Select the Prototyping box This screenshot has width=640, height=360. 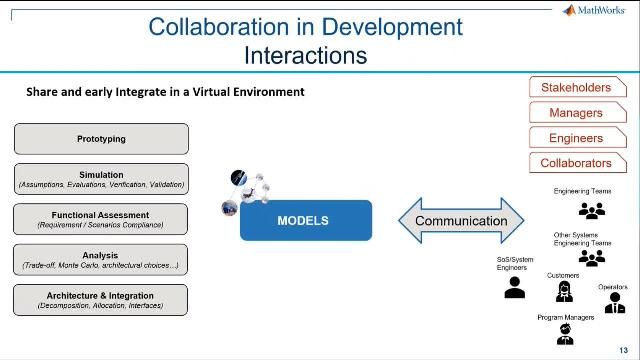101,139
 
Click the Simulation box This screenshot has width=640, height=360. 101,179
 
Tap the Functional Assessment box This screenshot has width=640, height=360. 101,219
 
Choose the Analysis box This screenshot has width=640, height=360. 101,260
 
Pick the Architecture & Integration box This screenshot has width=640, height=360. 101,299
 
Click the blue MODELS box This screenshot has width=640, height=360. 305,220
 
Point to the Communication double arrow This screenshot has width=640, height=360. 461,221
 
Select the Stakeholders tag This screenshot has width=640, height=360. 575,88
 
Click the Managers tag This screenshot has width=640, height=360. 575,113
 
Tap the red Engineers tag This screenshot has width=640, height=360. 575,138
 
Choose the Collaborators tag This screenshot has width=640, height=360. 575,163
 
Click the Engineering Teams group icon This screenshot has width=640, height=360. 592,211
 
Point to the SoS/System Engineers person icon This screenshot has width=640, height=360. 515,288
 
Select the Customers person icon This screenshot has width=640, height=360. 563,292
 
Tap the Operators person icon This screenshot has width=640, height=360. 614,303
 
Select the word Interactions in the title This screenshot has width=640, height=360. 305,53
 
